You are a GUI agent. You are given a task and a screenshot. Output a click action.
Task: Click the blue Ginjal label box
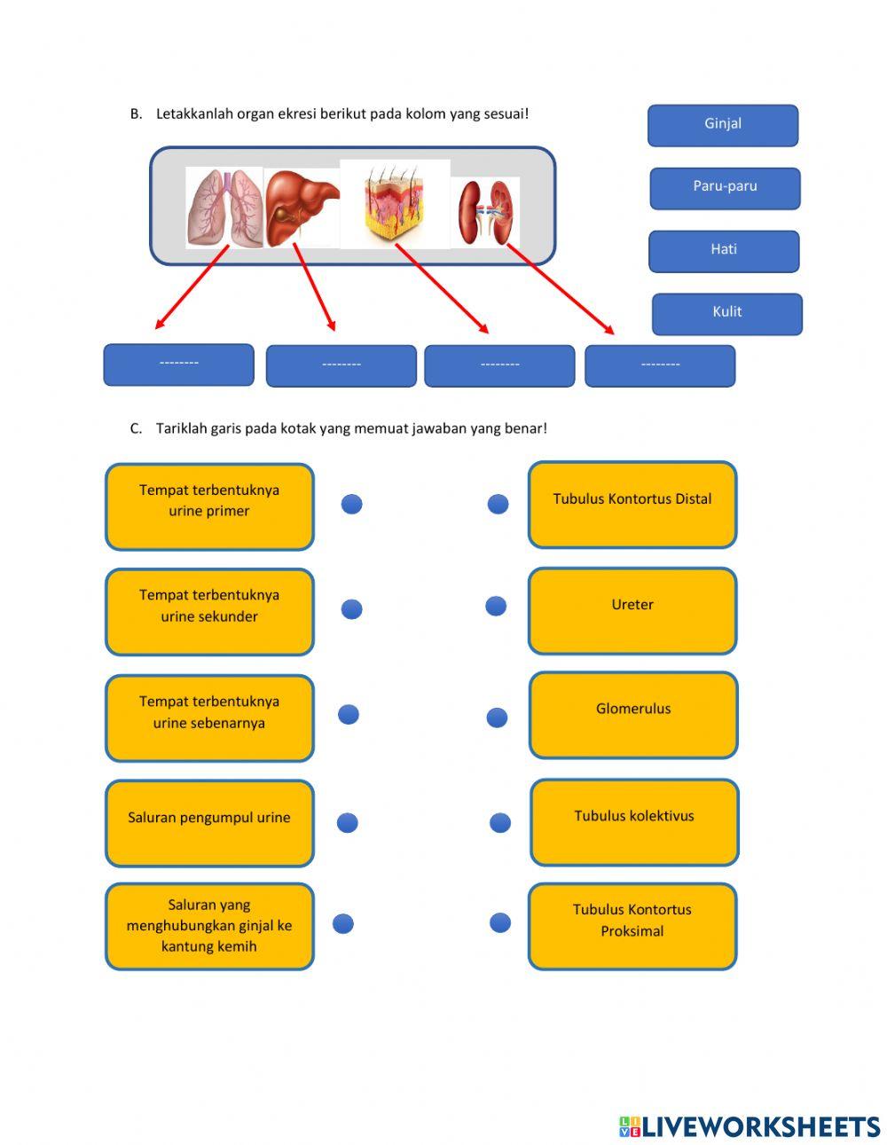722,125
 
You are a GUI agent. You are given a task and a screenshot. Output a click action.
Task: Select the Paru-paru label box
725,188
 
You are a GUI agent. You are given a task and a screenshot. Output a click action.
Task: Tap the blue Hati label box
723,251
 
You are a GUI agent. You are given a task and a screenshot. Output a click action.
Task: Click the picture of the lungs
224,208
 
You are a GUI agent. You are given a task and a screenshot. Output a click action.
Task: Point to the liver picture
302,206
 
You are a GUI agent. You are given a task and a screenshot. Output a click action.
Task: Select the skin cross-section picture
395,203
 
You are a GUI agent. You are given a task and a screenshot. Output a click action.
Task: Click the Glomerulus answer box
633,715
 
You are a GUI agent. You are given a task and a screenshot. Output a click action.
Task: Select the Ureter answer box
632,610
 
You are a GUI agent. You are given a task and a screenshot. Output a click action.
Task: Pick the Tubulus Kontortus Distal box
632,505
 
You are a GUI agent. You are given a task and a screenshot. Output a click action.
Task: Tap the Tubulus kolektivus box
634,822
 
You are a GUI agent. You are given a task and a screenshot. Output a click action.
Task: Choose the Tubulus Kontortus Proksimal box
632,926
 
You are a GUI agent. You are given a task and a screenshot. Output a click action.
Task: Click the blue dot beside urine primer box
352,505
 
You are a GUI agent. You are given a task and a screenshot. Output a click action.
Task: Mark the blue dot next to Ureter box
496,607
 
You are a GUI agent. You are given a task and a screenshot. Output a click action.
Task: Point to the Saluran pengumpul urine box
209,823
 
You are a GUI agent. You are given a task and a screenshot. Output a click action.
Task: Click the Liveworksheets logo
749,1126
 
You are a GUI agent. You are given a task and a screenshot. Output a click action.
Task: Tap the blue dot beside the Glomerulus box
497,718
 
